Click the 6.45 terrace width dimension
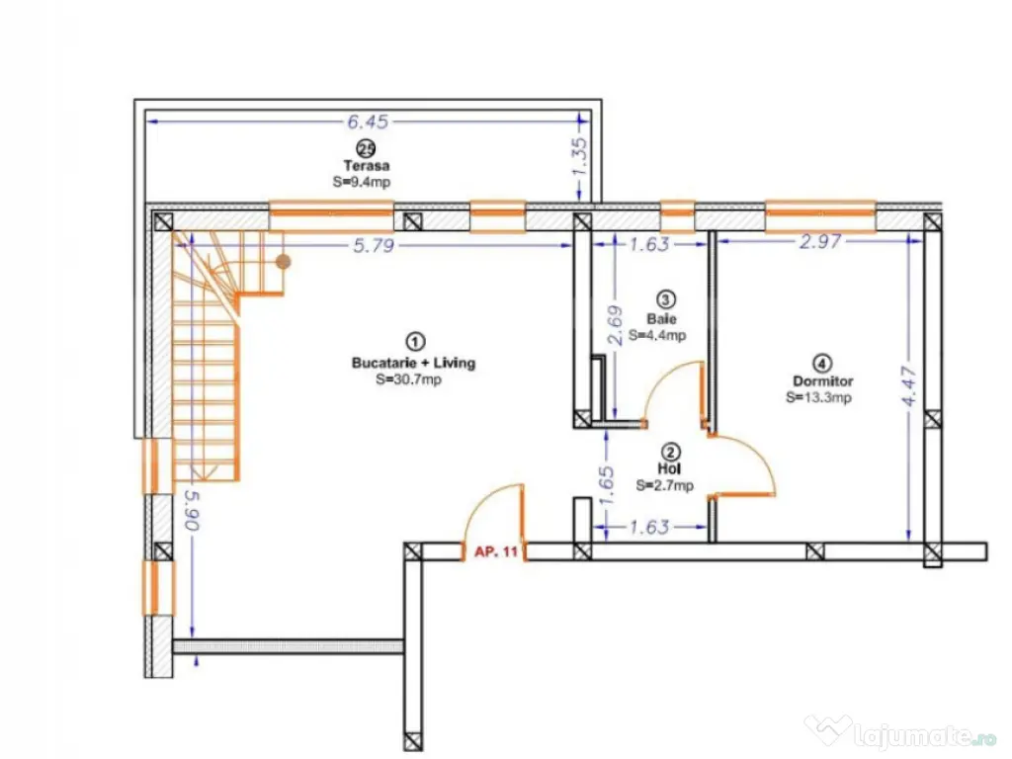(x=368, y=122)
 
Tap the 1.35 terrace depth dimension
(x=580, y=157)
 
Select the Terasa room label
(x=367, y=166)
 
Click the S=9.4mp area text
(x=362, y=182)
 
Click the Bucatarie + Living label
(x=414, y=363)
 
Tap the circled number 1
(x=414, y=341)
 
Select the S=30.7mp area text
(x=408, y=379)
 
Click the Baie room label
(x=661, y=319)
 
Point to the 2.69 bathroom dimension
(x=617, y=324)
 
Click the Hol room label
(x=669, y=469)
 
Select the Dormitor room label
(x=823, y=381)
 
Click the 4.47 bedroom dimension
(x=909, y=386)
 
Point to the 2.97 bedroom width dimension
(x=820, y=242)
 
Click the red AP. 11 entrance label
(x=496, y=552)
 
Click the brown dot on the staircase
(x=284, y=261)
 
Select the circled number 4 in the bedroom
(x=821, y=364)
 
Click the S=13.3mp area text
(x=818, y=397)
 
